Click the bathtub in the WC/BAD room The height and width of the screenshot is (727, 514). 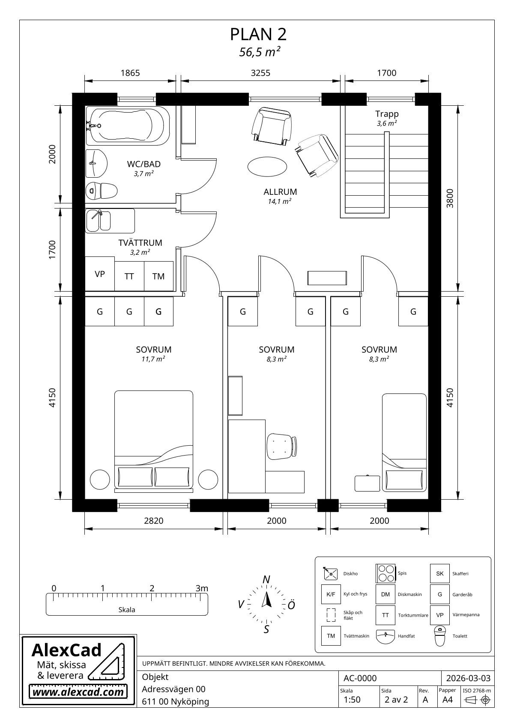128,125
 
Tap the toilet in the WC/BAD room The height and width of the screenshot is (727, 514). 102,191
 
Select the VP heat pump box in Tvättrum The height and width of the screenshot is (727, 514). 100,274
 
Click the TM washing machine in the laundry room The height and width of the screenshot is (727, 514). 158,276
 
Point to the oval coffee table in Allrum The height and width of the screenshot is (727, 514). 267,167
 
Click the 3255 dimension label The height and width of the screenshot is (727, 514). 260,73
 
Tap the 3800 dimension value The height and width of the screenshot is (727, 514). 450,198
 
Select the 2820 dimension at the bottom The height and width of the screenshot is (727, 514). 154,521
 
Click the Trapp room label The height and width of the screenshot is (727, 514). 387,114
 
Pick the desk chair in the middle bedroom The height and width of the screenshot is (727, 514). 281,446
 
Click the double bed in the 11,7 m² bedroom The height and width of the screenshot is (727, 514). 154,441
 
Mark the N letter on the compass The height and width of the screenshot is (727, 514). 266,579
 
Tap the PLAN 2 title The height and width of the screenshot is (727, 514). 258,34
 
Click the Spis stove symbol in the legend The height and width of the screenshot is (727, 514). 385,573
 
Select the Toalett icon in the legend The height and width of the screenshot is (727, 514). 439,636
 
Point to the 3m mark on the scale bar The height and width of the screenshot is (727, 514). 202,588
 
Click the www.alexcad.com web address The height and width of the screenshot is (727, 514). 78,692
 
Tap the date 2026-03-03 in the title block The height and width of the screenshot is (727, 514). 468,678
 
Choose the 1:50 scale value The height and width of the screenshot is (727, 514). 352,700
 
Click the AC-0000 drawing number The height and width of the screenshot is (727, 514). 360,678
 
